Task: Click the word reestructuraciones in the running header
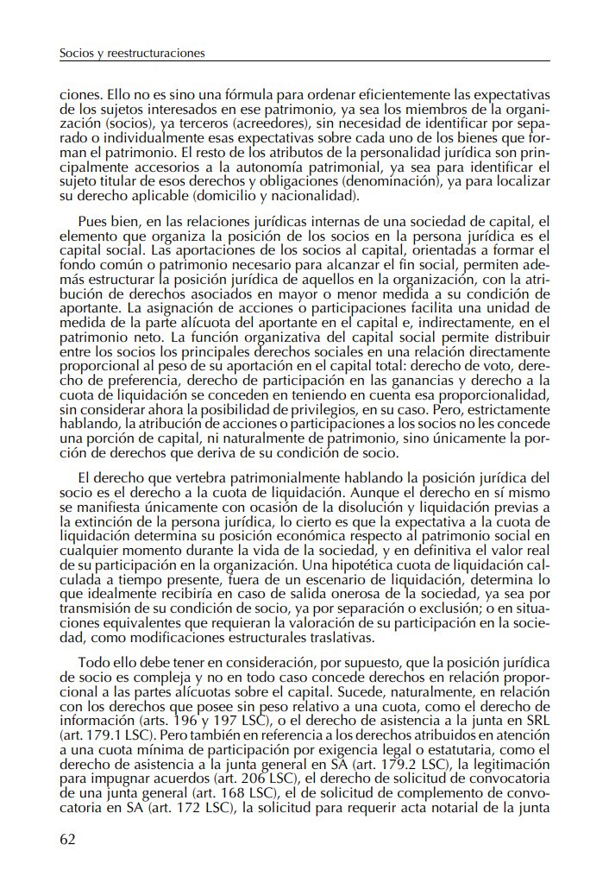point(156,54)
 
